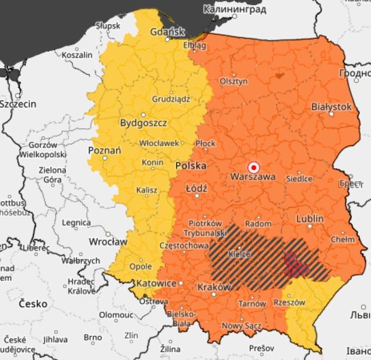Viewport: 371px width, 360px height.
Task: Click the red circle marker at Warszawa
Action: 254,167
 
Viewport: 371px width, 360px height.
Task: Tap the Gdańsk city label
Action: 167,31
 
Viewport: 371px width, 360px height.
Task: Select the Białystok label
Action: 331,107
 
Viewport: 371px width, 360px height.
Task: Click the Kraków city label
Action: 214,287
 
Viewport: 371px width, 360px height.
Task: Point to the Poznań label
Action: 104,150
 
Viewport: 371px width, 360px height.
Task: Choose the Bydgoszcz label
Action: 143,123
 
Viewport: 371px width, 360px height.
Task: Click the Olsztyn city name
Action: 234,82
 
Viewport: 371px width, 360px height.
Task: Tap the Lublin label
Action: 310,218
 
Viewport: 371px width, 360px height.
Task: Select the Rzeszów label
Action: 289,302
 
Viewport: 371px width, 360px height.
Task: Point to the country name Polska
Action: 191,166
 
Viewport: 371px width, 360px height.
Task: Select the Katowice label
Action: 156,283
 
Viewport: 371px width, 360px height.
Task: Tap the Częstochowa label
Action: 184,246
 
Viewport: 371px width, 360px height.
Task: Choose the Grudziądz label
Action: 171,99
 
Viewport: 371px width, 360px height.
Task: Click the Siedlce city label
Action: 299,178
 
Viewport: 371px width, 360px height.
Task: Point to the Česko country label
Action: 33,303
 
